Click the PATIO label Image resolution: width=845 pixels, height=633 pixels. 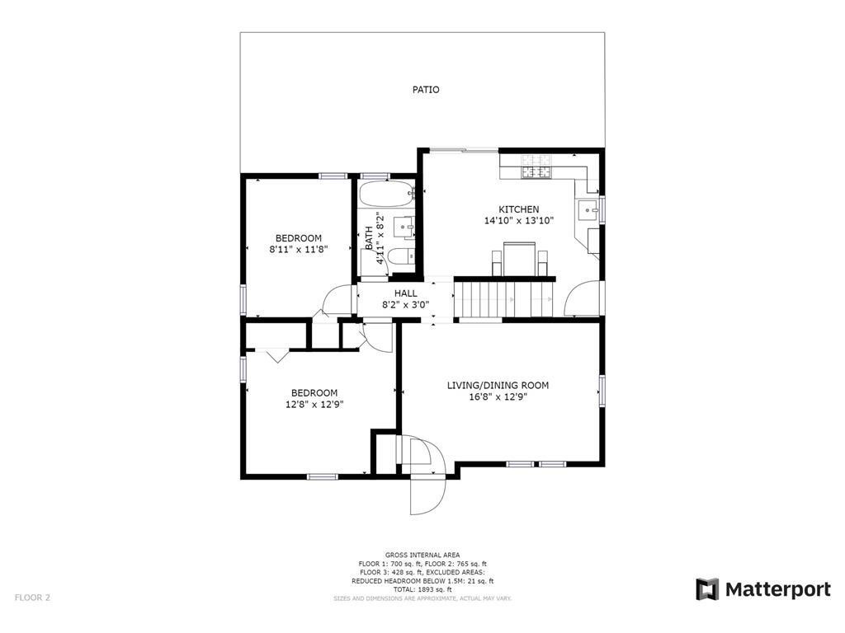point(426,89)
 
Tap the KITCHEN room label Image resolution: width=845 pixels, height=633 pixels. point(518,209)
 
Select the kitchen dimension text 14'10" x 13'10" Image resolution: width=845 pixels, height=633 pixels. point(518,221)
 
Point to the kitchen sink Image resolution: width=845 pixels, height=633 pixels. point(589,209)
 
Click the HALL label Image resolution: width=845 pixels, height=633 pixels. point(405,293)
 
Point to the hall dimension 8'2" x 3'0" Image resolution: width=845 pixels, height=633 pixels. point(405,304)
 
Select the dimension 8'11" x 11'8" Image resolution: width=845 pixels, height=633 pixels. point(299,249)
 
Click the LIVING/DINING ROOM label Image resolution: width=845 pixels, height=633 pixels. point(498,385)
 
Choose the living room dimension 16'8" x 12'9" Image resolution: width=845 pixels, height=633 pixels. point(498,396)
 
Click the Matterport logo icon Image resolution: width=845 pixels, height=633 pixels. point(707,589)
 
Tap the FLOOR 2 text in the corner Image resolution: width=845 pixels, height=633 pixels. point(32,598)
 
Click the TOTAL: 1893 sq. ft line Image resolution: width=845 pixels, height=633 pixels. point(422,589)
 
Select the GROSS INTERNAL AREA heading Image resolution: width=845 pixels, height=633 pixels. point(422,555)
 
